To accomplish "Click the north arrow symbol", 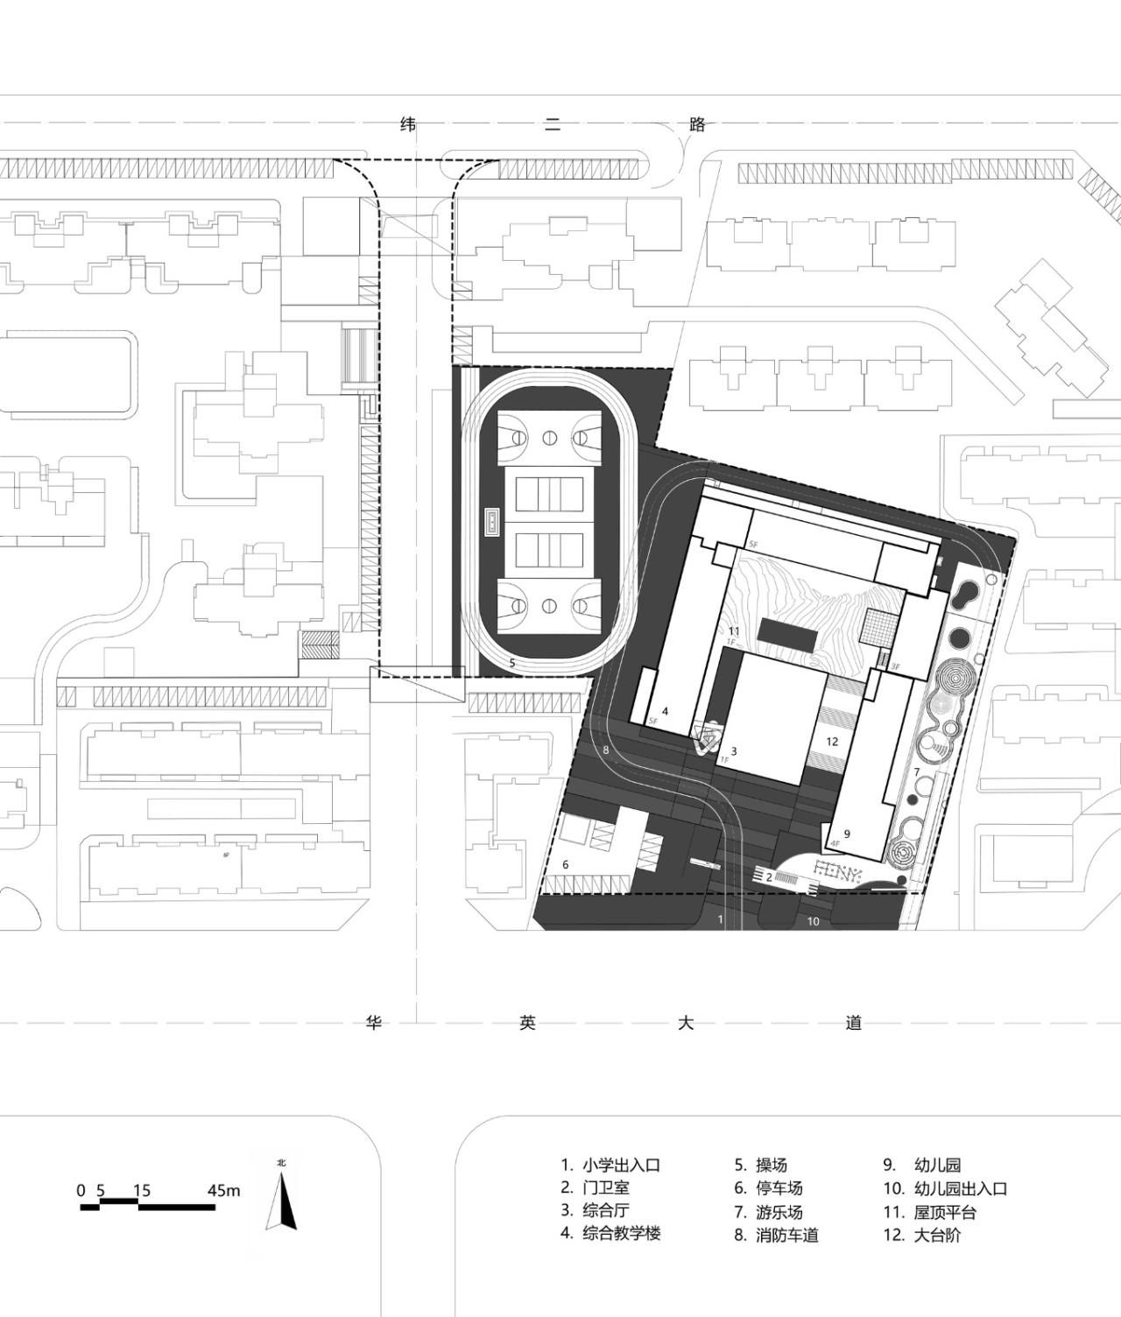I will (x=286, y=1201).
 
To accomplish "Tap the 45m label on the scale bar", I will (x=223, y=1190).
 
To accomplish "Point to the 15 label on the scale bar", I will (x=142, y=1190).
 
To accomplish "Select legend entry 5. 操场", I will (x=761, y=1165).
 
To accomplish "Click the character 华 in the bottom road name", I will (x=374, y=1023).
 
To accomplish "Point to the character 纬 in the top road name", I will (x=408, y=124).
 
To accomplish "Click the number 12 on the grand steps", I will (x=832, y=741).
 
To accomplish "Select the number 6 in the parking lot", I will (x=566, y=864).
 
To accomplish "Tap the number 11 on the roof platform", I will (x=734, y=630).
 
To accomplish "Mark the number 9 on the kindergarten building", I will (x=847, y=834).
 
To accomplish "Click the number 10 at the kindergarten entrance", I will (x=813, y=920).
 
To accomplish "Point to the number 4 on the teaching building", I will (x=665, y=711).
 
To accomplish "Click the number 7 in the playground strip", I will (x=917, y=771).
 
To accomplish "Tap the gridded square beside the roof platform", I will (x=878, y=627).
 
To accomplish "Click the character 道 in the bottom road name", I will (x=854, y=1023).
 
